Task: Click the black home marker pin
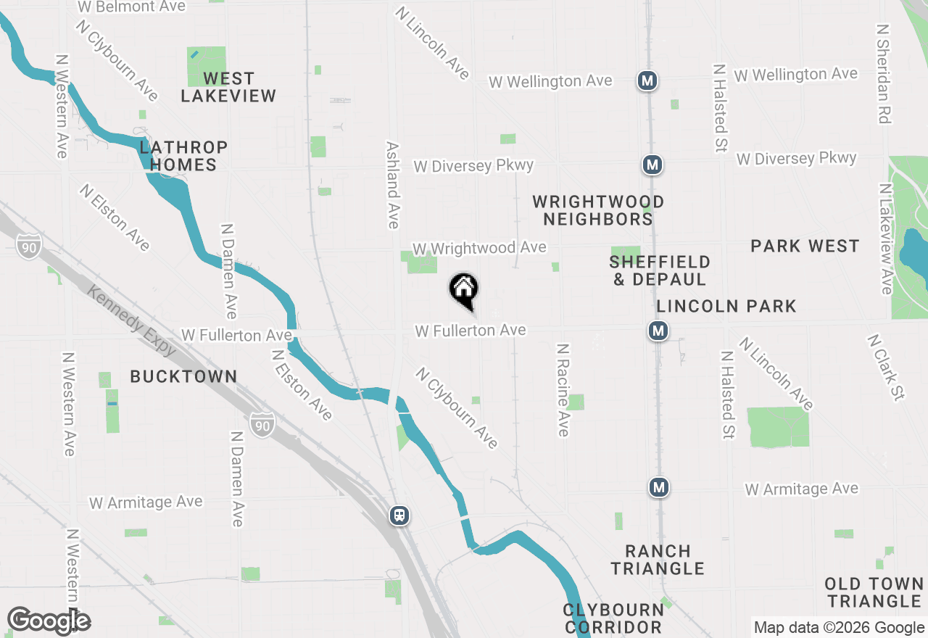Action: coord(464,290)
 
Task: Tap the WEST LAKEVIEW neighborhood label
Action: coord(228,87)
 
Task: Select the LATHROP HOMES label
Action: coord(183,156)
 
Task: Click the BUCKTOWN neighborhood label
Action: coord(183,376)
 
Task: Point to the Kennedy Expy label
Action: coord(131,320)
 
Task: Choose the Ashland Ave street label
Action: coord(393,184)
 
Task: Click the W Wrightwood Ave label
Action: coord(479,248)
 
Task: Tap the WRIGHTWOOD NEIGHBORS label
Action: coord(598,210)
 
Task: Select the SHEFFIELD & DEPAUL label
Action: coord(660,270)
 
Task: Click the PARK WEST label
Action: coord(805,246)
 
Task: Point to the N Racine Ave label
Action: coord(563,389)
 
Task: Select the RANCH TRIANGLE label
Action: coord(658,560)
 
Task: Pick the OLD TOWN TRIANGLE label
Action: coord(874,592)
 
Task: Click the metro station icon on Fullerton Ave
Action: coord(658,331)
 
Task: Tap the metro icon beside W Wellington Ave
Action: coord(647,80)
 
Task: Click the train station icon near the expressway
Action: coord(399,515)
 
